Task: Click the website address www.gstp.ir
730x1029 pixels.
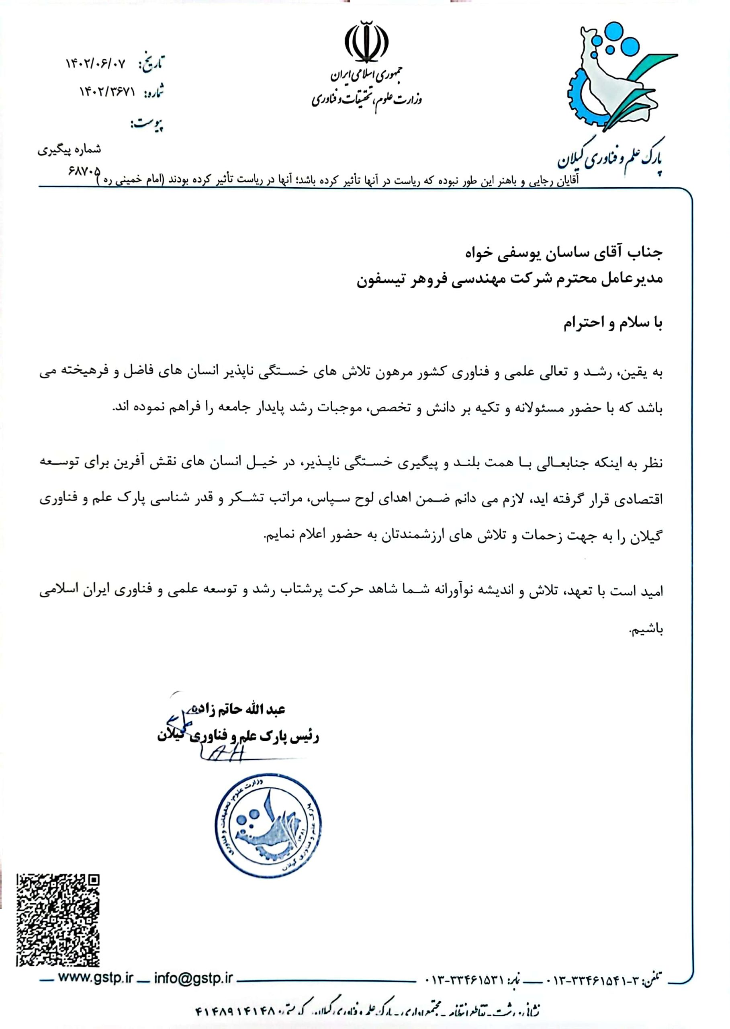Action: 95,978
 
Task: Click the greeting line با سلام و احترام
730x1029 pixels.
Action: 613,323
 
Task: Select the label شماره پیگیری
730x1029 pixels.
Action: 69,150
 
